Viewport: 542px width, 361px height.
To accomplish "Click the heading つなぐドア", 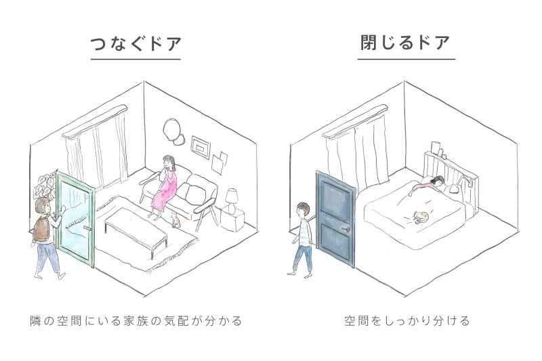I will tap(135, 44).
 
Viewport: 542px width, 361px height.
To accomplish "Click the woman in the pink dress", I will tap(165, 186).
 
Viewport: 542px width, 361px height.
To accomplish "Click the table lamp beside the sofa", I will tap(232, 198).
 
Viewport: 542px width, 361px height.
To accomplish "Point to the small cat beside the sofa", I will tap(177, 220).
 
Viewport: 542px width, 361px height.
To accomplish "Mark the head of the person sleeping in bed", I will tap(440, 181).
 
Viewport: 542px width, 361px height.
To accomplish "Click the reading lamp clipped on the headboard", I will tap(465, 182).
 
